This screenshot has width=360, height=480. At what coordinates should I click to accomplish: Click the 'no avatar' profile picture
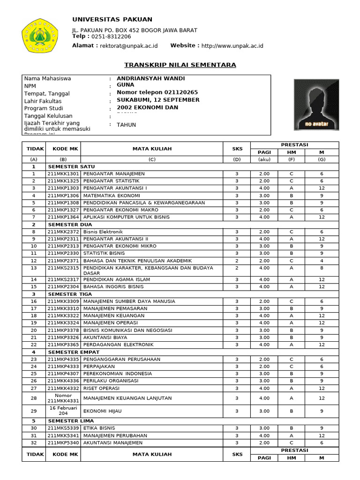(316, 104)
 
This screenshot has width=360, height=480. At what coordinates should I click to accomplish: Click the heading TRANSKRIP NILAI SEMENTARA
(180, 65)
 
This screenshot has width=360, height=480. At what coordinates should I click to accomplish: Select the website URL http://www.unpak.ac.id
(232, 45)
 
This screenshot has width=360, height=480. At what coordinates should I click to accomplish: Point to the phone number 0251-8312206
(111, 36)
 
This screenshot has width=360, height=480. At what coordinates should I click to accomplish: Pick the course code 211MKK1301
(63, 173)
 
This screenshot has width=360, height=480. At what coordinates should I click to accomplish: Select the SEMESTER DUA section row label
(70, 225)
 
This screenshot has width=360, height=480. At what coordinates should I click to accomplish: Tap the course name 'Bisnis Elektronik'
(103, 232)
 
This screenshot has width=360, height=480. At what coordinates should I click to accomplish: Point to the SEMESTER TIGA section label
(70, 294)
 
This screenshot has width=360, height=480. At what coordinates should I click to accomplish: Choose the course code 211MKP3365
(63, 345)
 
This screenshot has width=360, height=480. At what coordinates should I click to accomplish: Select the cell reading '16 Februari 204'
(63, 411)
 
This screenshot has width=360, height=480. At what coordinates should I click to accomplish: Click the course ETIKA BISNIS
(99, 428)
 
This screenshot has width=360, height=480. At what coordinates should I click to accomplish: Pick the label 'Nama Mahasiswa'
(47, 78)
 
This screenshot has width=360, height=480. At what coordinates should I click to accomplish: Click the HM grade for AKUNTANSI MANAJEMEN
(291, 442)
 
